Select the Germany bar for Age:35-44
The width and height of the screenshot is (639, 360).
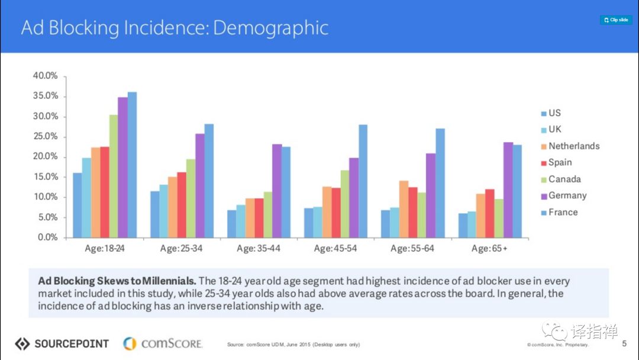276,191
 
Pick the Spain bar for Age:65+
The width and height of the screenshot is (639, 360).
489,213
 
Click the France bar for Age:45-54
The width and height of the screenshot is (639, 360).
363,181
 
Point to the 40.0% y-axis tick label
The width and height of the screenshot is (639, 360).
45,76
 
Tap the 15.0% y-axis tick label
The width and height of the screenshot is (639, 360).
45,176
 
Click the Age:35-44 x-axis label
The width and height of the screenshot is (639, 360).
259,249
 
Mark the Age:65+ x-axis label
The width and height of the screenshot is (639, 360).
489,249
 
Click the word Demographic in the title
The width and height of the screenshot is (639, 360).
270,28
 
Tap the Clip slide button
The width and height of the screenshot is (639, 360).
616,20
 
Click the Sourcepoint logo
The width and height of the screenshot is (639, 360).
62,343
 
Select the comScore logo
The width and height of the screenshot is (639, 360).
163,343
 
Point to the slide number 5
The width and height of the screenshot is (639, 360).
624,343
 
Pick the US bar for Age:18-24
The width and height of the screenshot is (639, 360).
77,205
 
